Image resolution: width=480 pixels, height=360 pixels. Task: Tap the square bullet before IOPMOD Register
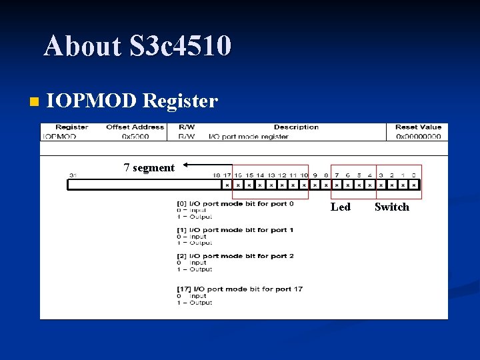click(34, 102)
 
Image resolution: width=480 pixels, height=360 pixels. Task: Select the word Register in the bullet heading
click(180, 101)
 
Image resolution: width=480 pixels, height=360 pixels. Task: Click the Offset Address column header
click(135, 127)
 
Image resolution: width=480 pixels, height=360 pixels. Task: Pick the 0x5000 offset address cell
click(135, 137)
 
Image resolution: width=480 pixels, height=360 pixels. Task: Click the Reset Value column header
click(418, 127)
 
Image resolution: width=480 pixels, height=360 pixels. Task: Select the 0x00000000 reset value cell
click(418, 137)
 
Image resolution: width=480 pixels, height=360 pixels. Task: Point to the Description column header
click(296, 127)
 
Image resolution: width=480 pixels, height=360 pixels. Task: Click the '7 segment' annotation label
click(149, 168)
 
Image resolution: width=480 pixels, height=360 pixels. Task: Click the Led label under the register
click(340, 207)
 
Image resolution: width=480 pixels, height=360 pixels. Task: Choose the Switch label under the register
click(391, 207)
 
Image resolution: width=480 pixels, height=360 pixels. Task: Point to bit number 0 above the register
click(413, 175)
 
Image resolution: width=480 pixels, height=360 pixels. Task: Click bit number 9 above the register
click(315, 175)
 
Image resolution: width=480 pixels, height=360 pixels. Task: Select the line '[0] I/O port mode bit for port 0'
click(235, 203)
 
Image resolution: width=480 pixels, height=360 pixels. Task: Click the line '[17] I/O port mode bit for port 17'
click(239, 289)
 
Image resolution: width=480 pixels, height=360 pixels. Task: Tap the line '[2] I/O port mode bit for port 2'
click(235, 256)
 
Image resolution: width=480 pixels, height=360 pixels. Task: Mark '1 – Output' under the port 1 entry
click(194, 243)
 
